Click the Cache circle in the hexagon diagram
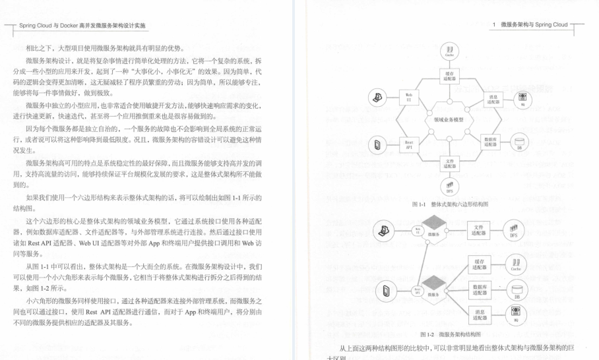coord(449,49)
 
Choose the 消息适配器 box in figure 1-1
coord(493,99)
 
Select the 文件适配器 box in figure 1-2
coord(480,231)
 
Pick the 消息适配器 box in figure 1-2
coord(480,315)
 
